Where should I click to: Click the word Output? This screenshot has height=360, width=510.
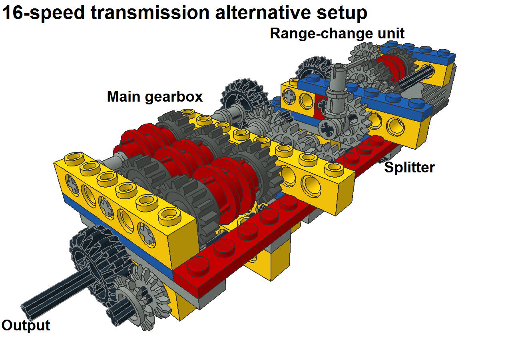tap(26, 325)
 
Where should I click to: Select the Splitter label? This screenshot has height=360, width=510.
tap(409, 168)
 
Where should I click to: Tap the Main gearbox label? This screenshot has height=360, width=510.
tap(155, 97)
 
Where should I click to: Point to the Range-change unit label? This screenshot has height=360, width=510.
tap(337, 34)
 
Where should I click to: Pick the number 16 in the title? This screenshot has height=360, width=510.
tap(12, 12)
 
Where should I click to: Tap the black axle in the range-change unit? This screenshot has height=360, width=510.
tap(416, 76)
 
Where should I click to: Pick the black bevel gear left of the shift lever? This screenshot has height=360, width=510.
tap(313, 66)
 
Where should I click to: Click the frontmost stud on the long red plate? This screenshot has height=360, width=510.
tap(197, 266)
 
